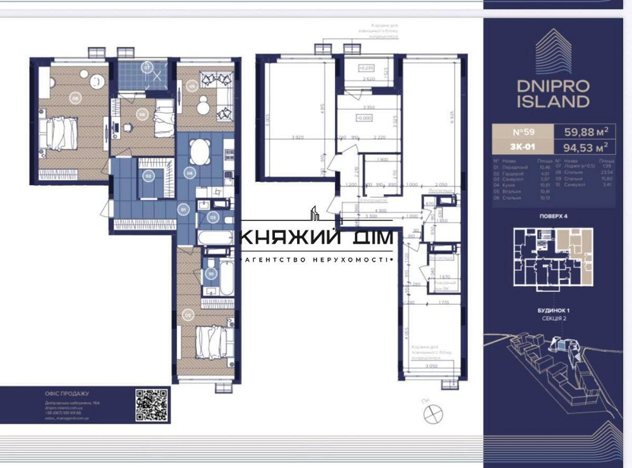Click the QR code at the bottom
point(152,404)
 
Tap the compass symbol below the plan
point(434,413)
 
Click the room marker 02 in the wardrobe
point(149,176)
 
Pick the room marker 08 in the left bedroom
point(75,98)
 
